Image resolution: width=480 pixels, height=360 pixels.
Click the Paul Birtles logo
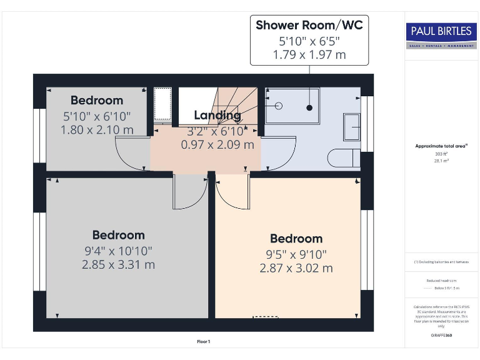(441, 34)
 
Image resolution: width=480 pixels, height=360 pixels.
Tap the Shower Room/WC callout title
(309, 26)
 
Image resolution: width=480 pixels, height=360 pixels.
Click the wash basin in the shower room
(351, 127)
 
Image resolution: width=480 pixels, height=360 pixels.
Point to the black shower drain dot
(309, 108)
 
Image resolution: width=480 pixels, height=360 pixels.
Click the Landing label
(217, 116)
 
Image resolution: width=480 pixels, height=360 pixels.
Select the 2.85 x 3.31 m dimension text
(118, 264)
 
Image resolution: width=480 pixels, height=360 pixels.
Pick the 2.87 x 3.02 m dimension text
(296, 268)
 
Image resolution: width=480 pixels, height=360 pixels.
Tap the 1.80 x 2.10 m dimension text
(97, 130)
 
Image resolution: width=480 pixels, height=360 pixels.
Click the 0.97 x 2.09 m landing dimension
(217, 144)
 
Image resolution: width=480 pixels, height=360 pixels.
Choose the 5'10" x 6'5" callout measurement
(309, 41)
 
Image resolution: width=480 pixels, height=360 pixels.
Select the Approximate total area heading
(441, 146)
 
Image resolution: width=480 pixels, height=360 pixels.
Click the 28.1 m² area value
(441, 160)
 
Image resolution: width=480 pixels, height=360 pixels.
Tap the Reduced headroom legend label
(441, 281)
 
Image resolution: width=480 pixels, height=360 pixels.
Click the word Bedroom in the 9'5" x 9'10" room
(296, 239)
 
